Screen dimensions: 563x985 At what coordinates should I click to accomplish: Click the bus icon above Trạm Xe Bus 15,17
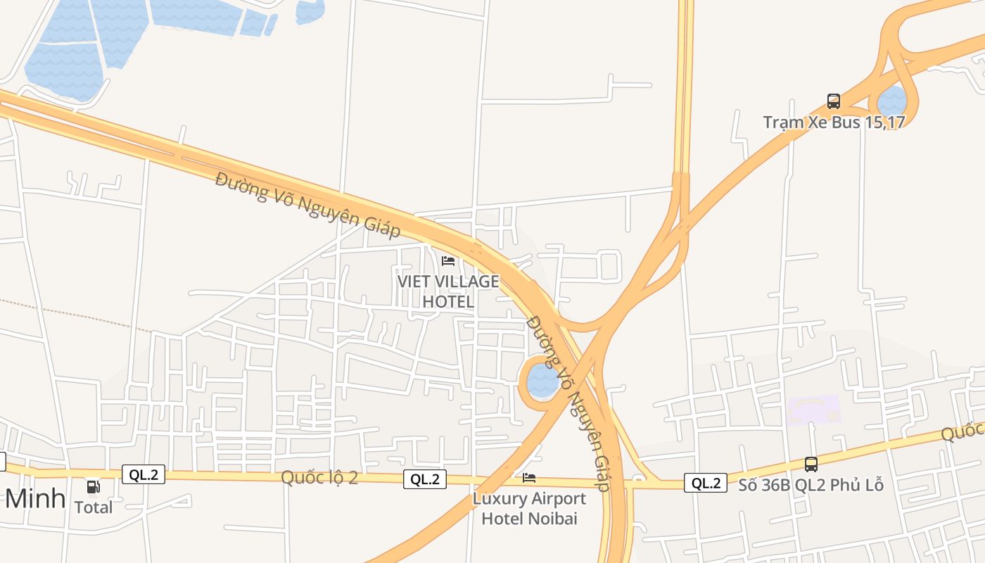[834, 101]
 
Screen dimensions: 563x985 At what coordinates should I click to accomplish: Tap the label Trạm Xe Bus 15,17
[834, 122]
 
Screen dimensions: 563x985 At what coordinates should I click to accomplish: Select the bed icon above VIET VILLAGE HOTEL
[448, 261]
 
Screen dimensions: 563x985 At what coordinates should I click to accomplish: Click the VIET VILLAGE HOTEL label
[448, 291]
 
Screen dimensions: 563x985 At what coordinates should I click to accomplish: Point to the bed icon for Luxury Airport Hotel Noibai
[529, 478]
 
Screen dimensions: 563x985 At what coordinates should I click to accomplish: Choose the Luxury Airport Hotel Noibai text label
[529, 508]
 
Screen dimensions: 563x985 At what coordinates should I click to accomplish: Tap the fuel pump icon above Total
[93, 486]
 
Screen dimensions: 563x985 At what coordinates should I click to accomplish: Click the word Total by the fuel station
[93, 507]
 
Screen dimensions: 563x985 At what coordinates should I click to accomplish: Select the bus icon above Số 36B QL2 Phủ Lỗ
[811, 464]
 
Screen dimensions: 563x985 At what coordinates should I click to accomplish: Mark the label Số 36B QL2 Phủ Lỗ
[811, 485]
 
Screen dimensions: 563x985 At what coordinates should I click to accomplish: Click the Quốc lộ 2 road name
[319, 477]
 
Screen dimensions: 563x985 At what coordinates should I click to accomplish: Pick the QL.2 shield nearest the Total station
[144, 474]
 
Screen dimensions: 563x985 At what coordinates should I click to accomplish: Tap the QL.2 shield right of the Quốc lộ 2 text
[425, 479]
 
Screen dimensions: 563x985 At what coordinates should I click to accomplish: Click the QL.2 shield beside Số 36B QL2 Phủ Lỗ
[706, 483]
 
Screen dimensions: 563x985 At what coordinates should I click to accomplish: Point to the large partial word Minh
[35, 498]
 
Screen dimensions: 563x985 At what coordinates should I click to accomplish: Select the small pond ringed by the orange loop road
[542, 381]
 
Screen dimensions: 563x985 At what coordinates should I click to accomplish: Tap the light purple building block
[814, 410]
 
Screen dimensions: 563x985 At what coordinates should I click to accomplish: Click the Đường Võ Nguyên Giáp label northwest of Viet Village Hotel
[307, 204]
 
